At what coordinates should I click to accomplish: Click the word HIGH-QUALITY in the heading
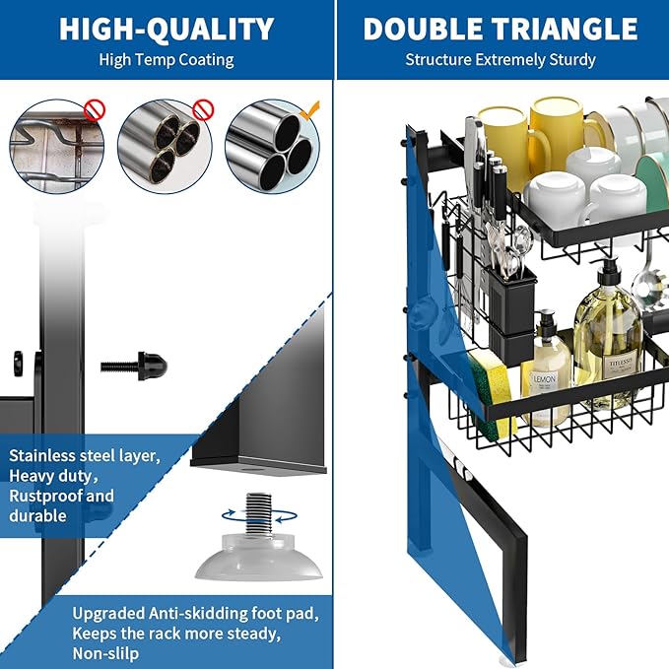(166, 29)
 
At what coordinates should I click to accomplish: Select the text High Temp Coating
(166, 59)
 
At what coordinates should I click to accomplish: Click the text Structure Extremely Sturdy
(501, 59)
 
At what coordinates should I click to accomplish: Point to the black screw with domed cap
(135, 367)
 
